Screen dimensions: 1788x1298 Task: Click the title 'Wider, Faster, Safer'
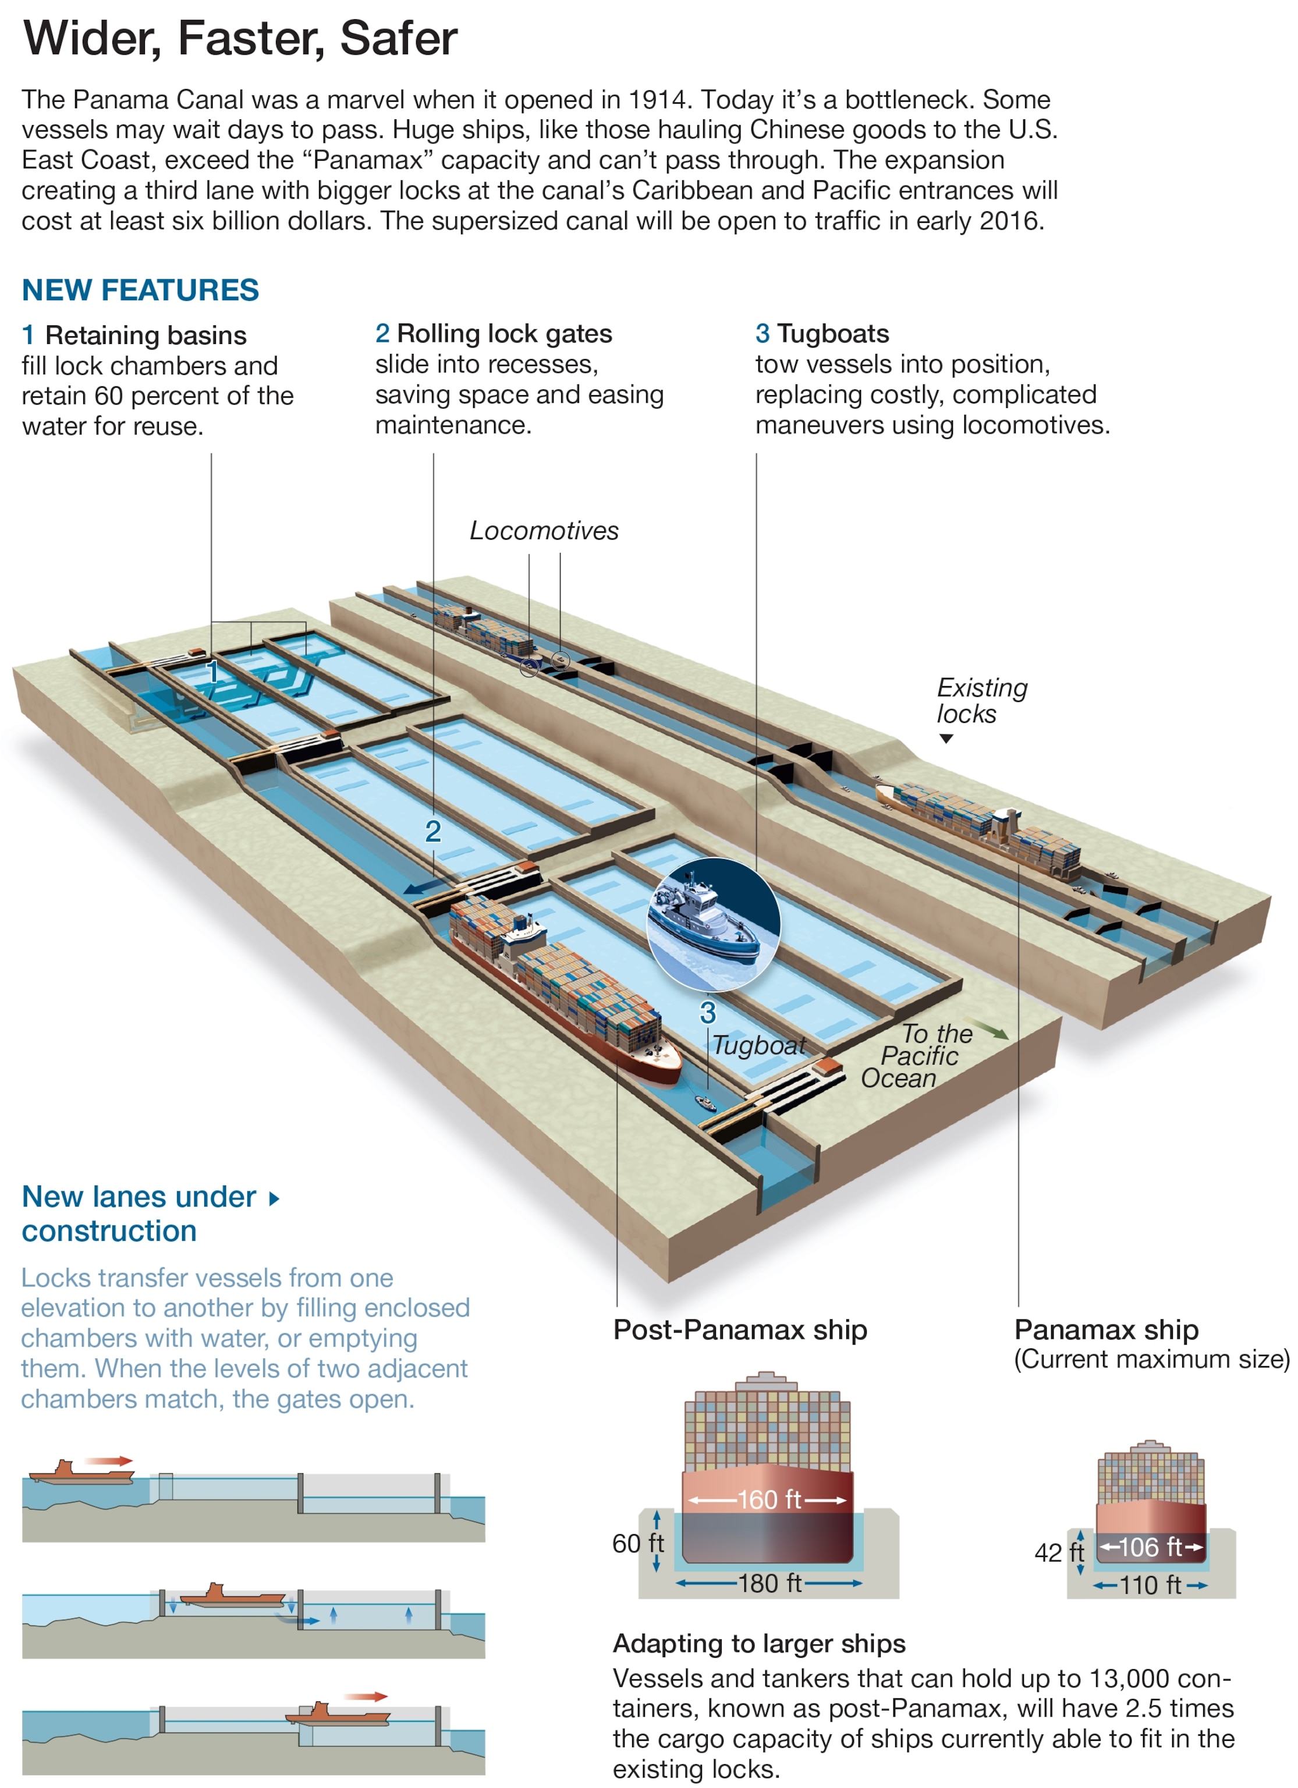click(x=240, y=38)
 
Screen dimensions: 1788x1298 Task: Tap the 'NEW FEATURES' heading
click(x=140, y=290)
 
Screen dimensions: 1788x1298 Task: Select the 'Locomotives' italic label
click(x=544, y=531)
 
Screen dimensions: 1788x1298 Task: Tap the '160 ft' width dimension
click(x=768, y=1499)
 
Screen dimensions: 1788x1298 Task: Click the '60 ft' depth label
click(x=638, y=1543)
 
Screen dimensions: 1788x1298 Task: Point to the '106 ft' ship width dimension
click(x=1151, y=1547)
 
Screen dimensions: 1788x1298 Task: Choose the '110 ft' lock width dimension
click(x=1151, y=1585)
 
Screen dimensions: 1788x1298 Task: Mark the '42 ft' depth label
click(x=1058, y=1552)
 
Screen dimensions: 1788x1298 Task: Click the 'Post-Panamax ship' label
click(x=740, y=1329)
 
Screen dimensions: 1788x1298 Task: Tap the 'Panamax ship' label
click(x=1105, y=1329)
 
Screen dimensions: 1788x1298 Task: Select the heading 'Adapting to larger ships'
click(x=758, y=1643)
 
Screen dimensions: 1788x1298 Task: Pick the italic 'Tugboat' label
click(x=758, y=1045)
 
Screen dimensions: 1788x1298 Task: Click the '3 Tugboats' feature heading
click(x=822, y=334)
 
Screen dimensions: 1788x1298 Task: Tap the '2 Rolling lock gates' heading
click(x=494, y=334)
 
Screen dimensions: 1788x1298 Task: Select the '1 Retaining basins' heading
click(x=134, y=335)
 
